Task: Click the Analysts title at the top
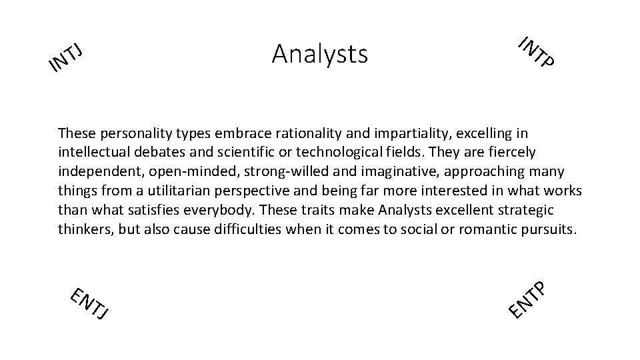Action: point(319,53)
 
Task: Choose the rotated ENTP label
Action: point(528,299)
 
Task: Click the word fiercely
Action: point(512,153)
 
